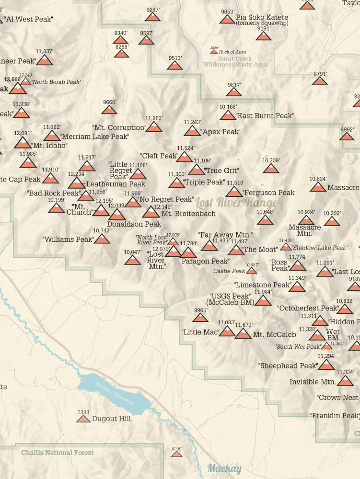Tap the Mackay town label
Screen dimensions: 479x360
(224, 468)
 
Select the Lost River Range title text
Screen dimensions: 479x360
(236, 202)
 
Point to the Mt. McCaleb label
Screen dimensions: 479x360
(274, 335)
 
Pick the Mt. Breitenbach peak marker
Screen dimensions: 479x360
(151, 212)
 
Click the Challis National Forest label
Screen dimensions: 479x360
(58, 452)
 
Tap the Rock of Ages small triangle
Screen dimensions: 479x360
(214, 52)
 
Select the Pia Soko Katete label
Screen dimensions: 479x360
(262, 17)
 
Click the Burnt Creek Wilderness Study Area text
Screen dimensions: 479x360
(235, 62)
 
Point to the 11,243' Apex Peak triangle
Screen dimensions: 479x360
(192, 131)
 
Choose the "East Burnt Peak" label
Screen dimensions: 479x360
(265, 116)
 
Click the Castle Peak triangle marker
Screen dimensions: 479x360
(251, 271)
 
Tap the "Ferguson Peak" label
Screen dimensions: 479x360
(269, 193)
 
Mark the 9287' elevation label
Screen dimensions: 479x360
(153, 10)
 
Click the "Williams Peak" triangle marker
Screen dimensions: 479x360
(102, 239)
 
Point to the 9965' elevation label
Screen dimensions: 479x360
(200, 310)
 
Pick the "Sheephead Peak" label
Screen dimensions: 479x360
(289, 365)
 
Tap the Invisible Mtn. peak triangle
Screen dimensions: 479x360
(345, 381)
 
